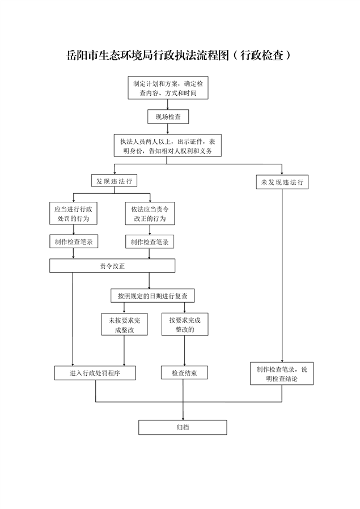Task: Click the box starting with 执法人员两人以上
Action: (x=167, y=146)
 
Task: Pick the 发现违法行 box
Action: (x=114, y=181)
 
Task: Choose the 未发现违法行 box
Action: (x=282, y=183)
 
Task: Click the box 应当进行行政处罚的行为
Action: (x=73, y=214)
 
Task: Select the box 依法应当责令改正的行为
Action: (x=150, y=214)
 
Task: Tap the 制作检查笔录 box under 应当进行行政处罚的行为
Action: (x=74, y=242)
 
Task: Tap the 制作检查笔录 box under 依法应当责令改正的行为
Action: (x=150, y=242)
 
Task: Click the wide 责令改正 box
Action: (x=112, y=265)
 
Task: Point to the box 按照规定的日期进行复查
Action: (x=153, y=296)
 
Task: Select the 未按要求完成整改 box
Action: (x=124, y=324)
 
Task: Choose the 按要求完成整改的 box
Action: (x=185, y=324)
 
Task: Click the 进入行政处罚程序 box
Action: (x=95, y=373)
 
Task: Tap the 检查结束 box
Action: (x=184, y=373)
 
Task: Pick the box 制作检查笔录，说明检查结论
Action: (x=281, y=374)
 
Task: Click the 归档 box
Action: (x=183, y=427)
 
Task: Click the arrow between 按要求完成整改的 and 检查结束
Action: (x=185, y=351)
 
